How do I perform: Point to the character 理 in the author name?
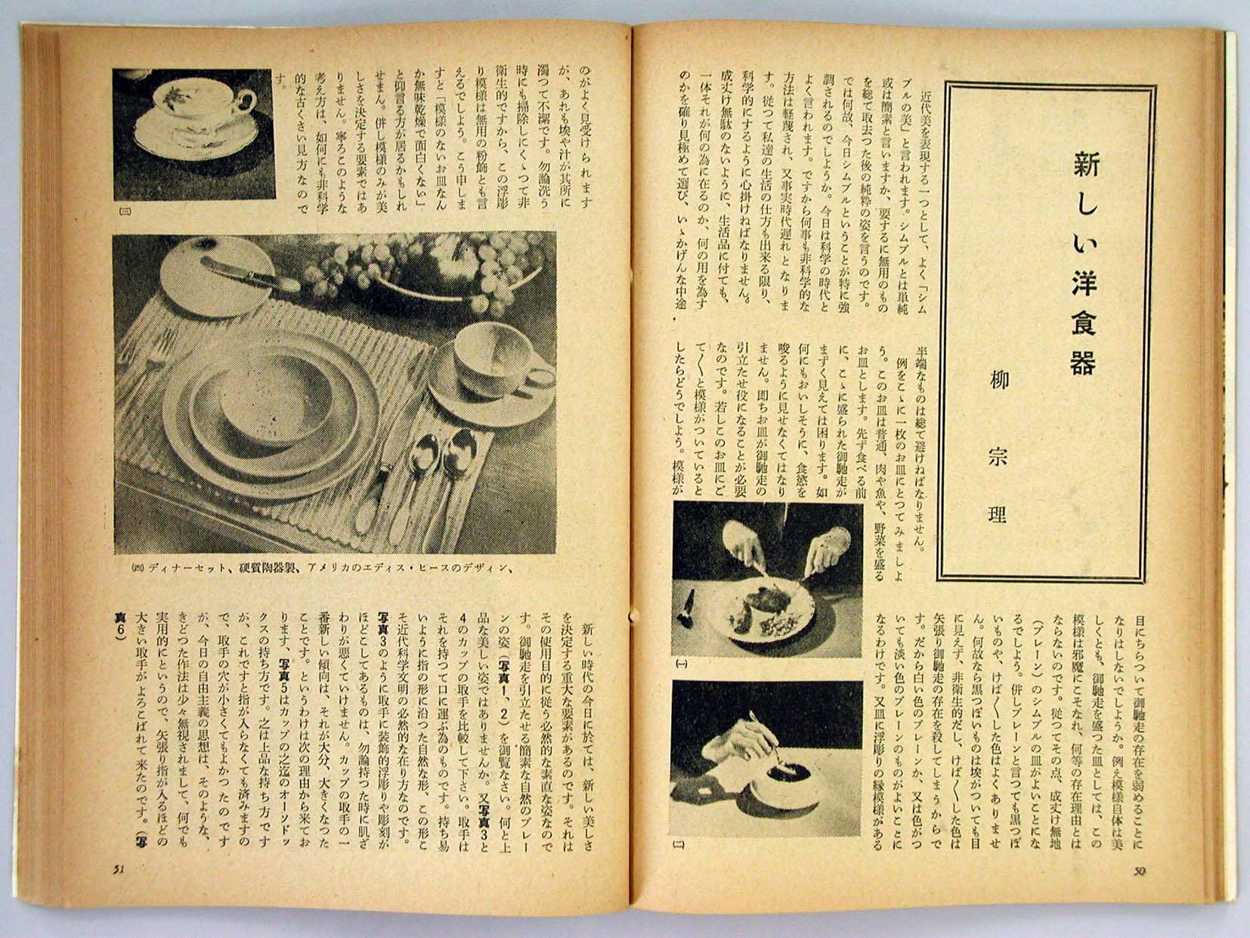coord(999,515)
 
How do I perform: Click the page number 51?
coord(118,868)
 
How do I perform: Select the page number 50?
coord(1140,870)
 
